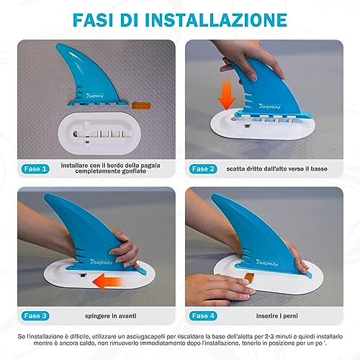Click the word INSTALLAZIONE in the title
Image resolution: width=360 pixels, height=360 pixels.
pyautogui.click(x=216, y=19)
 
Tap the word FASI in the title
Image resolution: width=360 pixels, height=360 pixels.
pyautogui.click(x=93, y=19)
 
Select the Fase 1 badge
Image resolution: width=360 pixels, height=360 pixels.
pyautogui.click(x=35, y=169)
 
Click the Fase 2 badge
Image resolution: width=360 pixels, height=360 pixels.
pyautogui.click(x=203, y=169)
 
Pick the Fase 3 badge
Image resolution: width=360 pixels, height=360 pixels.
pyautogui.click(x=35, y=316)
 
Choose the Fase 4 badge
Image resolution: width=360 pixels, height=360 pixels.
pyautogui.click(x=203, y=316)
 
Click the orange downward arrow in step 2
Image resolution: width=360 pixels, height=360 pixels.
pyautogui.click(x=226, y=95)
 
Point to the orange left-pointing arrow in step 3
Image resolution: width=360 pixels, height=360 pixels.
pyautogui.click(x=107, y=281)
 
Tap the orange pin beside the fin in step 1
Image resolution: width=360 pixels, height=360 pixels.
pyautogui.click(x=141, y=106)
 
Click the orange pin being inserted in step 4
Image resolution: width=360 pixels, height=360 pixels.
pyautogui.click(x=250, y=278)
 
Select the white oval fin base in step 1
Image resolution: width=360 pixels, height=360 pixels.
pyautogui.click(x=97, y=134)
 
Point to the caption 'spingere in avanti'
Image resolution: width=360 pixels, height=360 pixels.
pyautogui.click(x=111, y=316)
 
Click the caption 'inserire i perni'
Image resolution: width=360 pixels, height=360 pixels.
pyautogui.click(x=277, y=316)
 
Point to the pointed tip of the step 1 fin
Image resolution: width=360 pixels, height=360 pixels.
pyautogui.click(x=57, y=44)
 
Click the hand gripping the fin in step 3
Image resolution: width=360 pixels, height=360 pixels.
pyautogui.click(x=124, y=247)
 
